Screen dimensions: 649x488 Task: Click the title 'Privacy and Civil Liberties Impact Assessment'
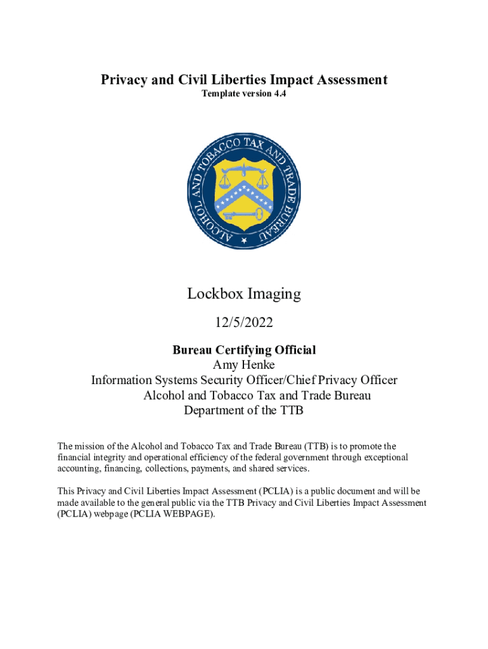244,80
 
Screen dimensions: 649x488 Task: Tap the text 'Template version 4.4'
244,94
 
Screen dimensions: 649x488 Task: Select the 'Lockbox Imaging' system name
244,294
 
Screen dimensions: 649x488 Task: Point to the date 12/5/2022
244,323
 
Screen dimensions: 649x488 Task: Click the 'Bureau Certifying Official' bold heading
244,350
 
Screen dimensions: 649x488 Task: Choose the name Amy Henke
244,365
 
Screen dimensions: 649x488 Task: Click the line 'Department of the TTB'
244,411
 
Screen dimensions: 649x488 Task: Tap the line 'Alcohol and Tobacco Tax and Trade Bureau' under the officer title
257,395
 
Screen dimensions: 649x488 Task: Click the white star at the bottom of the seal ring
244,241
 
